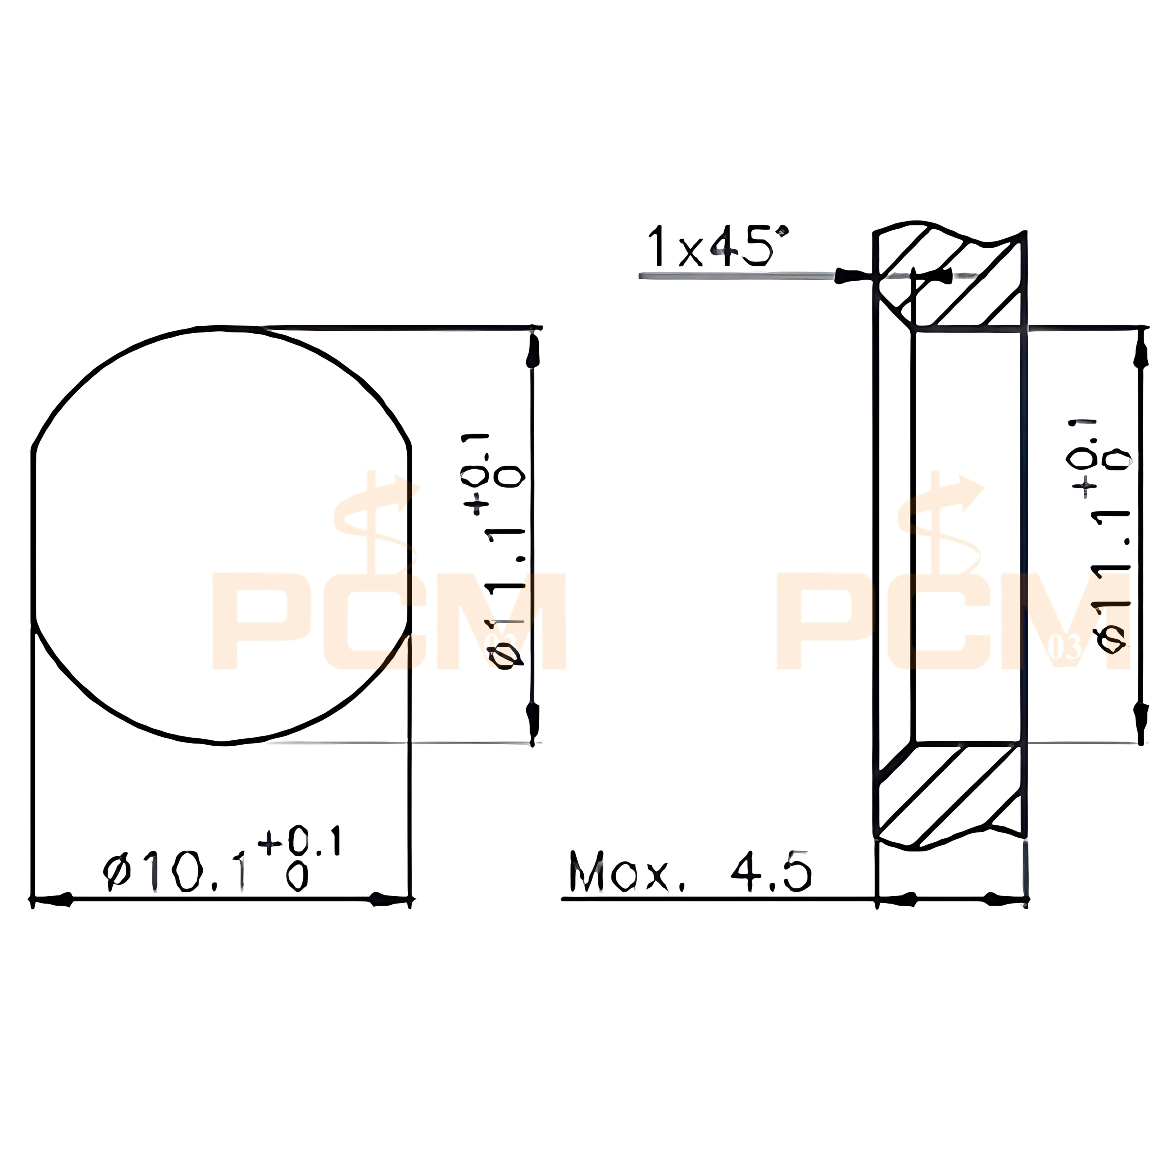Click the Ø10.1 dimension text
pos(176,873)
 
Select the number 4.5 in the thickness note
pos(770,873)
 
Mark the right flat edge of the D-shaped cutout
pos(410,540)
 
